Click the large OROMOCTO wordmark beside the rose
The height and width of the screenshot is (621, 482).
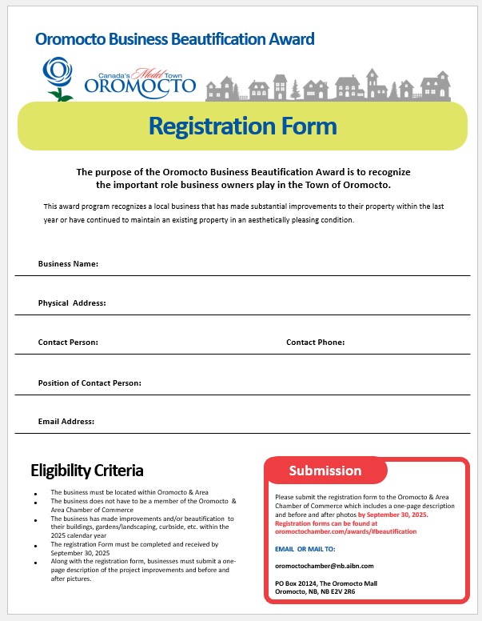click(139, 85)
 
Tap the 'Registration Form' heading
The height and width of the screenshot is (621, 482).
click(242, 126)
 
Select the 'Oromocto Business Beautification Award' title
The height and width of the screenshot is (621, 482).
click(175, 38)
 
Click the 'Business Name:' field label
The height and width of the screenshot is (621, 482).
click(68, 263)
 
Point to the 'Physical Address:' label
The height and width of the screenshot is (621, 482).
click(72, 303)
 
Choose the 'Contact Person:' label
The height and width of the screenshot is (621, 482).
click(68, 342)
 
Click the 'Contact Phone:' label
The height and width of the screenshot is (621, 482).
click(315, 342)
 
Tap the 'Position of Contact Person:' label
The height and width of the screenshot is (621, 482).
click(90, 383)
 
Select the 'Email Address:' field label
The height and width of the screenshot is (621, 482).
click(66, 421)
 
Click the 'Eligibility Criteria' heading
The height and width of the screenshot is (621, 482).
click(87, 470)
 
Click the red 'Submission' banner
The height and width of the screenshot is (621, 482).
click(325, 471)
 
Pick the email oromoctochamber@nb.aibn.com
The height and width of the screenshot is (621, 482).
click(320, 566)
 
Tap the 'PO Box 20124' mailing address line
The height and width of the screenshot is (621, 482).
click(331, 584)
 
